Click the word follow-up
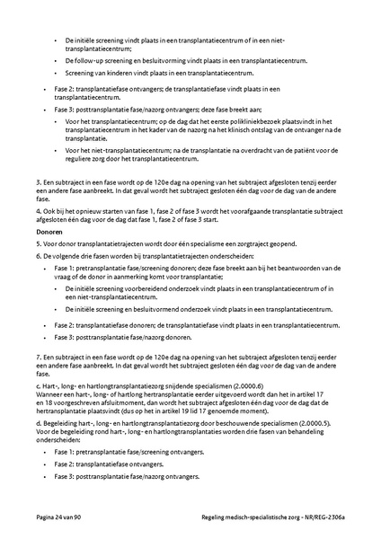point(87,60)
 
